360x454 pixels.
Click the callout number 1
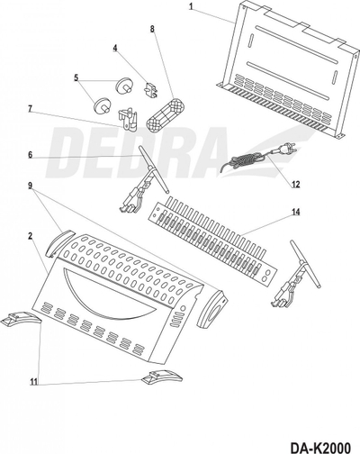pyautogui.click(x=191, y=7)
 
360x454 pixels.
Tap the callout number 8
pyautogui.click(x=152, y=29)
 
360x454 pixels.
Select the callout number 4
pyautogui.click(x=115, y=48)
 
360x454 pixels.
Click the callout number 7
pyautogui.click(x=30, y=108)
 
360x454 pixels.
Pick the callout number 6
pyautogui.click(x=30, y=154)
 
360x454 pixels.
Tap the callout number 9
pyautogui.click(x=30, y=186)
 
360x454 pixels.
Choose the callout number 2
pyautogui.click(x=30, y=236)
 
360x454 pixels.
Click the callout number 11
pyautogui.click(x=34, y=382)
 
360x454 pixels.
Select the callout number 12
pyautogui.click(x=296, y=184)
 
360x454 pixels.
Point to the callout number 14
pyautogui.click(x=296, y=212)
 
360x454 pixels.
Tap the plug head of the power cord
pyautogui.click(x=286, y=149)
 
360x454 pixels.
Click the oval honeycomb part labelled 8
pyautogui.click(x=166, y=114)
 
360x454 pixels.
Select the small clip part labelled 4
pyautogui.click(x=151, y=90)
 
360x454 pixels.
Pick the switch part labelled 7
pyautogui.click(x=128, y=120)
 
